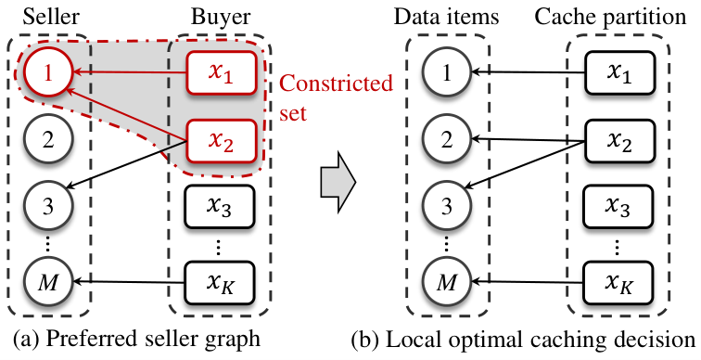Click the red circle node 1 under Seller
point(48,72)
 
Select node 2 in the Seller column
point(48,139)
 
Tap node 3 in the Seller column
point(48,207)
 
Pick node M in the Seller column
point(48,283)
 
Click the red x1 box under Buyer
point(221,73)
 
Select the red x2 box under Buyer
point(221,141)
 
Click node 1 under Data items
point(447,72)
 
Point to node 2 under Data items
point(447,139)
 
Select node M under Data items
point(447,283)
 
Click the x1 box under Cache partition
point(618,73)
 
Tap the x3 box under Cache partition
point(618,207)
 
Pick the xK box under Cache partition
point(618,283)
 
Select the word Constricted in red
point(336,84)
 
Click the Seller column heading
point(51,17)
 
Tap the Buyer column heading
point(221,17)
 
